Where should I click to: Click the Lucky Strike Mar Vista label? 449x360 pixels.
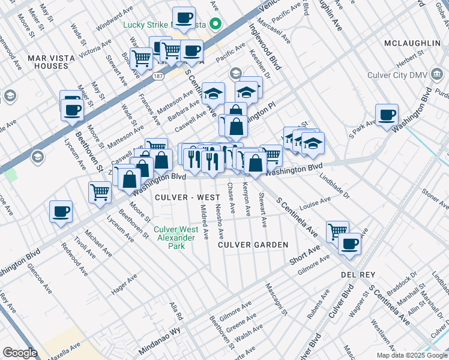coord(164,25)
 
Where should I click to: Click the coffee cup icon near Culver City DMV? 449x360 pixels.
coord(387,114)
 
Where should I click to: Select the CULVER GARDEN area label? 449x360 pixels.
coord(253,245)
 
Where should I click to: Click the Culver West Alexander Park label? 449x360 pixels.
coord(176,238)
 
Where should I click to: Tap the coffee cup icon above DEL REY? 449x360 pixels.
coord(349,244)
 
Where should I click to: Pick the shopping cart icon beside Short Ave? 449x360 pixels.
coord(337,231)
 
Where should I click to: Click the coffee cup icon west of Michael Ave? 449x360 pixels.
coord(61,211)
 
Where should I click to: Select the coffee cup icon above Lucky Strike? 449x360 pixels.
coord(184,17)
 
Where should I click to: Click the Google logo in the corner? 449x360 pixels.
coord(20,353)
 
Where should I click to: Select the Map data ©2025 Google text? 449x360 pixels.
coord(411,355)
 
